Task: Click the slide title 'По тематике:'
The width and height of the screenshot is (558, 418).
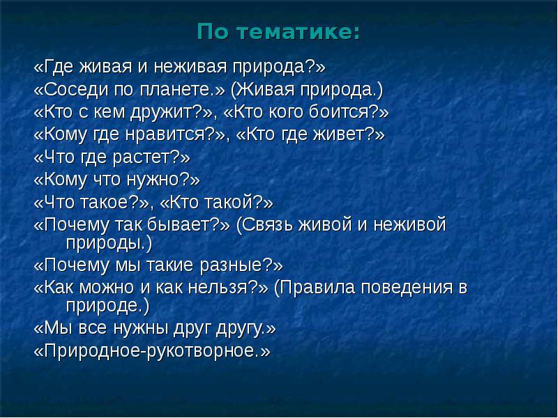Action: tap(279, 31)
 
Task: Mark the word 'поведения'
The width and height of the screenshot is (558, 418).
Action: tap(400, 288)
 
